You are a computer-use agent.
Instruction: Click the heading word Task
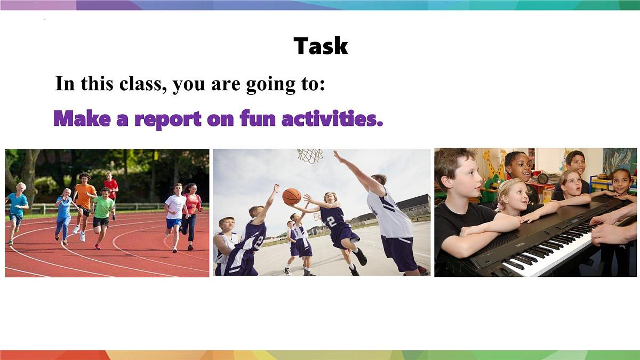coord(321,46)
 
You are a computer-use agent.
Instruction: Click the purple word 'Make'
coord(82,118)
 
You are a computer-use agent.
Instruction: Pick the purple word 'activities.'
coord(332,118)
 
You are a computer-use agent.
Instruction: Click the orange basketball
coord(292,197)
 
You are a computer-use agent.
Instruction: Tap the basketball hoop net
coord(310,156)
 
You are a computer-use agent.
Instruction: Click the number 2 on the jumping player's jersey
coord(331,222)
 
